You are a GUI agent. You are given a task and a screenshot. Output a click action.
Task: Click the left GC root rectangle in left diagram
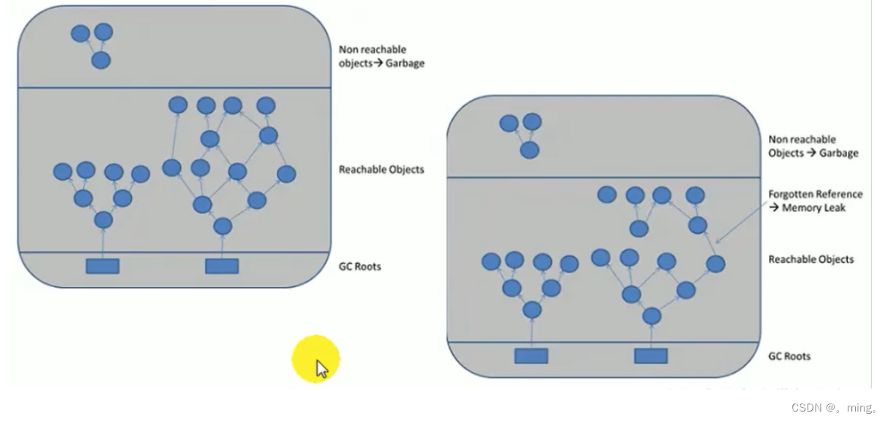click(x=103, y=266)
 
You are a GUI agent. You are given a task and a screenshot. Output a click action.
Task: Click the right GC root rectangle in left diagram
click(x=222, y=266)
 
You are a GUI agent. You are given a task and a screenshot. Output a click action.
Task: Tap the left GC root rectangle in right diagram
click(x=531, y=355)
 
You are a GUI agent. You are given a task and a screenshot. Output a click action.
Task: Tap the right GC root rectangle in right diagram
click(x=650, y=355)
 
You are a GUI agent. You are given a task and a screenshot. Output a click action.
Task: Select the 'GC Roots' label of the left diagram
click(x=360, y=267)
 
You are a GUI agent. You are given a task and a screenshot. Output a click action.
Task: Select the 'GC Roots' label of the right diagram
click(x=789, y=356)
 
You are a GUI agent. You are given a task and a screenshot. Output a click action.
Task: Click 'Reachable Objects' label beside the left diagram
click(x=382, y=170)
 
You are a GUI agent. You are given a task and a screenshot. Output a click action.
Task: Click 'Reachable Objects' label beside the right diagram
click(x=811, y=259)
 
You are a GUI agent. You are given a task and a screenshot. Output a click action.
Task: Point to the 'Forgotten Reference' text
click(x=816, y=194)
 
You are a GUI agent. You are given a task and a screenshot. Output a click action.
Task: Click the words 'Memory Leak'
click(x=814, y=208)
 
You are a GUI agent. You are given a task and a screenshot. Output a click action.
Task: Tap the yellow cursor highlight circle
click(x=315, y=359)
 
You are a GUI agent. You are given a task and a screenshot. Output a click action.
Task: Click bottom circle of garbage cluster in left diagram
click(x=100, y=60)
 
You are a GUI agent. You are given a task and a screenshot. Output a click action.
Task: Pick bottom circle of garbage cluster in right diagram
click(x=529, y=150)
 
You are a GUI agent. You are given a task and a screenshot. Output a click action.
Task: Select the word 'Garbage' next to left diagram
click(x=405, y=63)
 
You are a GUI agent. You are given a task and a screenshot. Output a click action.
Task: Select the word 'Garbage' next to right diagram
click(x=839, y=153)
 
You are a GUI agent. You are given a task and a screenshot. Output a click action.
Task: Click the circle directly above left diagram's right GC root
click(x=223, y=227)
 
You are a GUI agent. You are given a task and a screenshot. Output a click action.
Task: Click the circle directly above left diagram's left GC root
click(x=103, y=220)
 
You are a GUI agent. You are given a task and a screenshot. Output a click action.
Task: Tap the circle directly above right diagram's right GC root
click(x=652, y=316)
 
